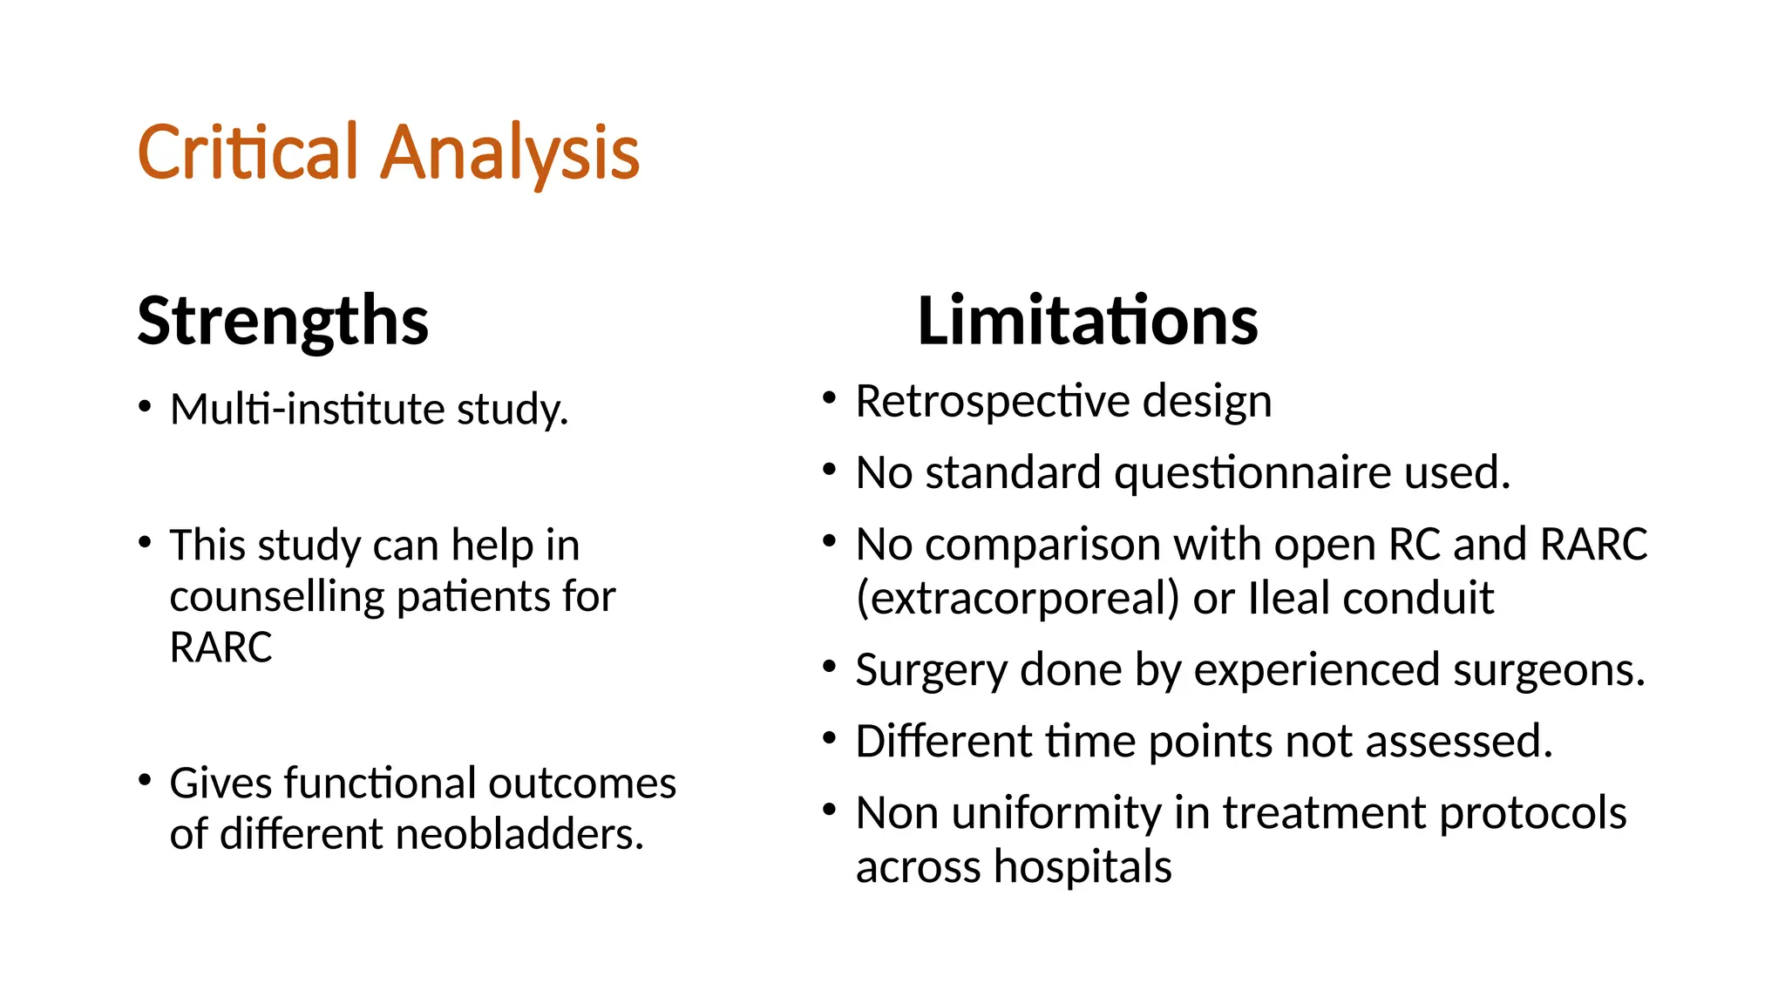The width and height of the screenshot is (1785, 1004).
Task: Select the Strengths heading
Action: coord(282,321)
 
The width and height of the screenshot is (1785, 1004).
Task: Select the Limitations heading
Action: coord(1087,321)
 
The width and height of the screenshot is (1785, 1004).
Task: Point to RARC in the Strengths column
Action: coord(221,648)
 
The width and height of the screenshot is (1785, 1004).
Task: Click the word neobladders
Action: coord(519,834)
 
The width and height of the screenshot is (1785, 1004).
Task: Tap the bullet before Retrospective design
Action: coord(829,399)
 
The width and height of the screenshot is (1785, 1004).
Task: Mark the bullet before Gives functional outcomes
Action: coord(145,779)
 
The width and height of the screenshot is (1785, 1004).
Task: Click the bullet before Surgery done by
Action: coord(829,668)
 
